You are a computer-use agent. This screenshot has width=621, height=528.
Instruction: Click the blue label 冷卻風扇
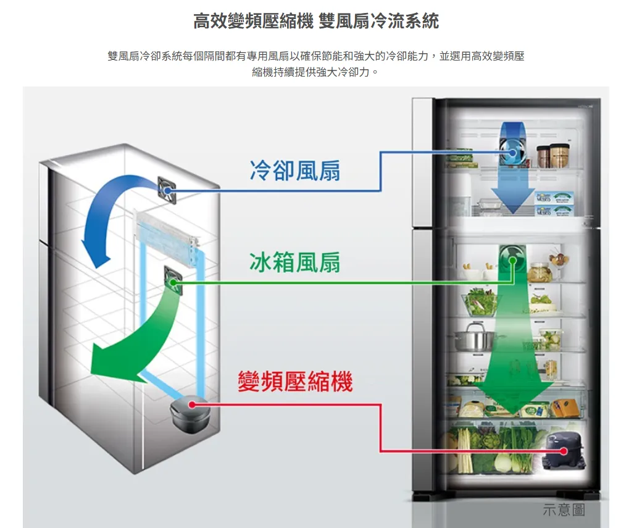[294, 171]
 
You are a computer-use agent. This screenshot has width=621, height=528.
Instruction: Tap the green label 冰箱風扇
[294, 262]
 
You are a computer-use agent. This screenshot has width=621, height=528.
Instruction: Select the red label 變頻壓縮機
[295, 381]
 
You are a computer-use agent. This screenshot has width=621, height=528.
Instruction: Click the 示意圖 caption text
[563, 509]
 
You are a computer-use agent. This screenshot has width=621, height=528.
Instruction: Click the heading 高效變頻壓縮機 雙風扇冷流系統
[316, 22]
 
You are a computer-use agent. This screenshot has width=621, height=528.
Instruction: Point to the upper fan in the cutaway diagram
[168, 189]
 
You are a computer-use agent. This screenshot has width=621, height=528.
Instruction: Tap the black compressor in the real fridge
[562, 450]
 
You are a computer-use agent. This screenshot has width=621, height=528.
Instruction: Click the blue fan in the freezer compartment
[513, 151]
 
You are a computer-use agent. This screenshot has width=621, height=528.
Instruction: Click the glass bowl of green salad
[481, 303]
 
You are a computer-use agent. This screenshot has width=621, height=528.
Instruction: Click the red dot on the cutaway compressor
[192, 404]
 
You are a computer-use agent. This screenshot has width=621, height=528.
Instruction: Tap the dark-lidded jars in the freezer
[552, 156]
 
